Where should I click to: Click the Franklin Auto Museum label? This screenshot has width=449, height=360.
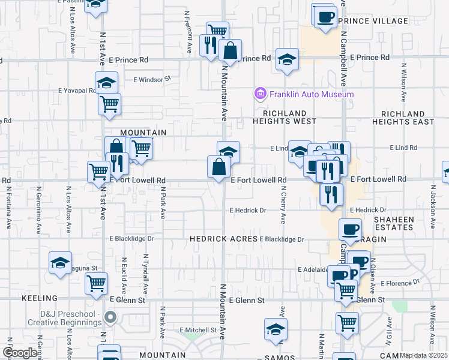pos(311,94)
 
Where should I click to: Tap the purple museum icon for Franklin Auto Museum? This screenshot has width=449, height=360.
pos(260,94)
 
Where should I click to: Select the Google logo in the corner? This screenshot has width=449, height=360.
pos(20,353)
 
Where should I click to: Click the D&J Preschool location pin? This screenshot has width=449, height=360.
pos(110,317)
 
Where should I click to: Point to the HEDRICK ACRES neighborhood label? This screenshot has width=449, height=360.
pos(224,238)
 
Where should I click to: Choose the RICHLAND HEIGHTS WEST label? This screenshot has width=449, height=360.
pos(289,117)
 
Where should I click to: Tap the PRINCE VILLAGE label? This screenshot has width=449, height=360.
pos(373,21)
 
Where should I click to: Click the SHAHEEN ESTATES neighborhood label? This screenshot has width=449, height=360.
pos(394,223)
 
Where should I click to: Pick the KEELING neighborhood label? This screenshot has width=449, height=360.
pos(40,298)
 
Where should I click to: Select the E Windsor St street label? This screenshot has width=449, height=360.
pos(152,79)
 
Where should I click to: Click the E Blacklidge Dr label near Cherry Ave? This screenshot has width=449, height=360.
pos(282,239)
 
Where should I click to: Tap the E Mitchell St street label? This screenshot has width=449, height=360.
pos(198,330)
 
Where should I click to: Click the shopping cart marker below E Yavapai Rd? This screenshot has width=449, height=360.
pos(109,104)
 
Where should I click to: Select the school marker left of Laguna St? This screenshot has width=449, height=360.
pos(60,262)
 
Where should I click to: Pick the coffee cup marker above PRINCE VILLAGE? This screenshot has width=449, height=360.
pos(325,16)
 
